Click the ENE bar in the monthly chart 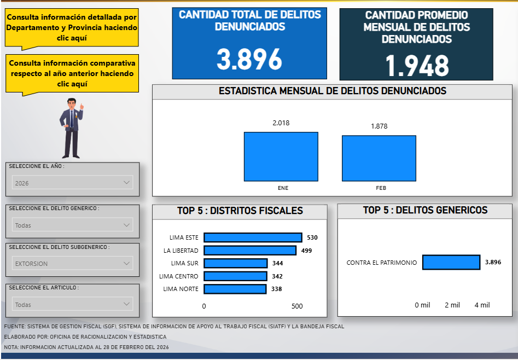pyautogui.click(x=281, y=156)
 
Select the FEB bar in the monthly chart pyautogui.click(x=379, y=158)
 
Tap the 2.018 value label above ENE pyautogui.click(x=281, y=123)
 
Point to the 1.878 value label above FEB pyautogui.click(x=379, y=126)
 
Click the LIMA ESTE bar pyautogui.click(x=253, y=237)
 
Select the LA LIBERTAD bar pyautogui.click(x=249, y=251)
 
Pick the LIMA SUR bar pyautogui.click(x=235, y=263)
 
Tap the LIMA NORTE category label pyautogui.click(x=181, y=289)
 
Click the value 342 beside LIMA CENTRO pyautogui.click(x=277, y=276)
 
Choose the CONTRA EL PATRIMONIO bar pyautogui.click(x=451, y=263)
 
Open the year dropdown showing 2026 pyautogui.click(x=72, y=183)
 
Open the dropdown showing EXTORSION pyautogui.click(x=72, y=264)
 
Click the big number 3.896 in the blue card pyautogui.click(x=249, y=60)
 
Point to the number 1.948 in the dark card pyautogui.click(x=417, y=66)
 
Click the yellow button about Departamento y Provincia pyautogui.click(x=72, y=27)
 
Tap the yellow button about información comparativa pyautogui.click(x=72, y=73)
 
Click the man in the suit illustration pyautogui.click(x=72, y=127)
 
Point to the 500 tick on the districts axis pyautogui.click(x=296, y=306)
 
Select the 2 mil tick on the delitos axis pyautogui.click(x=452, y=305)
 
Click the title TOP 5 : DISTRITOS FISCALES pyautogui.click(x=240, y=211)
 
